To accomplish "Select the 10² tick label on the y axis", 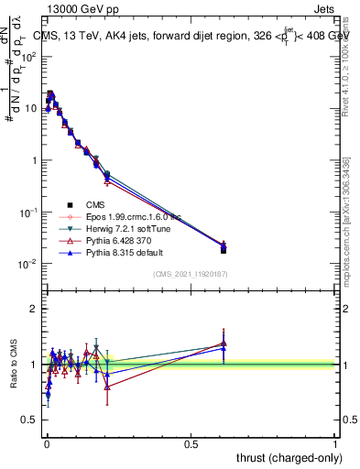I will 28,56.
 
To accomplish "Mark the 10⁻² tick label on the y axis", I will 28,264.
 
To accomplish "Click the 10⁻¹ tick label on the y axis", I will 28,213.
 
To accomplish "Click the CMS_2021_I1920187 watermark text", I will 191,274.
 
